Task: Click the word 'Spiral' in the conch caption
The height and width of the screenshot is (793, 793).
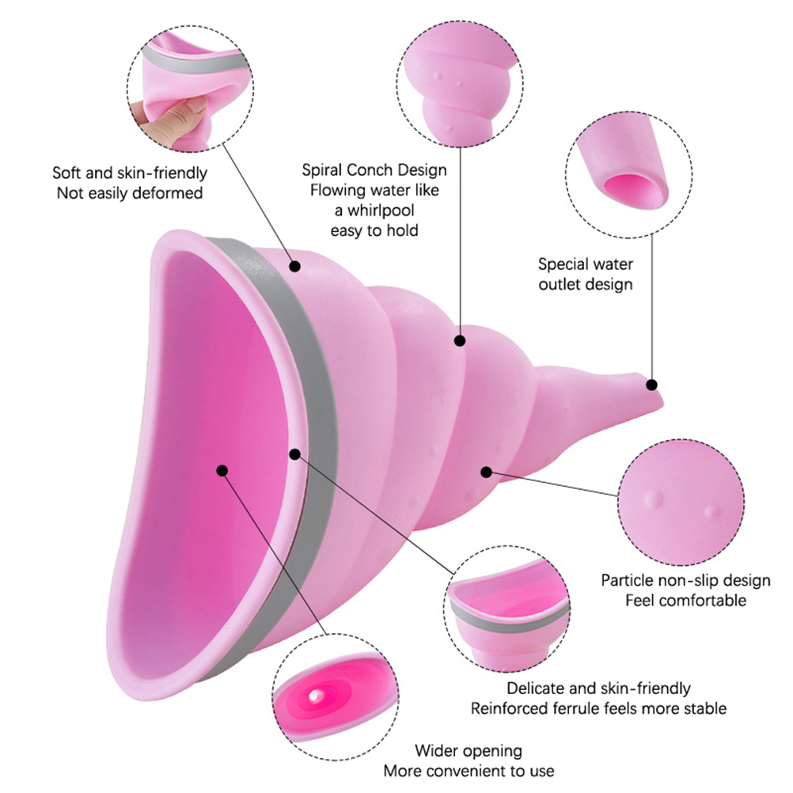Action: coord(324,170)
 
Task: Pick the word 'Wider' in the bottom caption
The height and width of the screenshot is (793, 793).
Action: coord(436,750)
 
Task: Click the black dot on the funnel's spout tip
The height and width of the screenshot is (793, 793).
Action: coord(652,385)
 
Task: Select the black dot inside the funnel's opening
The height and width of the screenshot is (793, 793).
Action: coord(222,470)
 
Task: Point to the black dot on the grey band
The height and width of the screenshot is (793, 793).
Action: coord(295,454)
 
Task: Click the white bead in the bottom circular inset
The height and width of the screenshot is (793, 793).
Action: coord(317,694)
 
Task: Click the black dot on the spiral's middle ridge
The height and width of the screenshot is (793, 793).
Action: coord(458,340)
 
